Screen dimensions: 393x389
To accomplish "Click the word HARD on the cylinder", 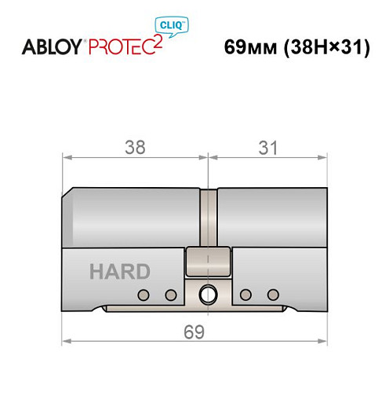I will click(x=119, y=272).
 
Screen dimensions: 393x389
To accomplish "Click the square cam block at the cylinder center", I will click(x=209, y=262).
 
